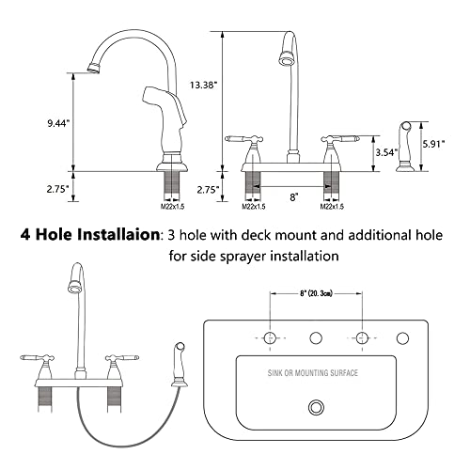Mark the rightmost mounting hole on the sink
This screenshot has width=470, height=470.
click(x=403, y=337)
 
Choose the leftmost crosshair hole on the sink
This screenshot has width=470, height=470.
click(x=270, y=337)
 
